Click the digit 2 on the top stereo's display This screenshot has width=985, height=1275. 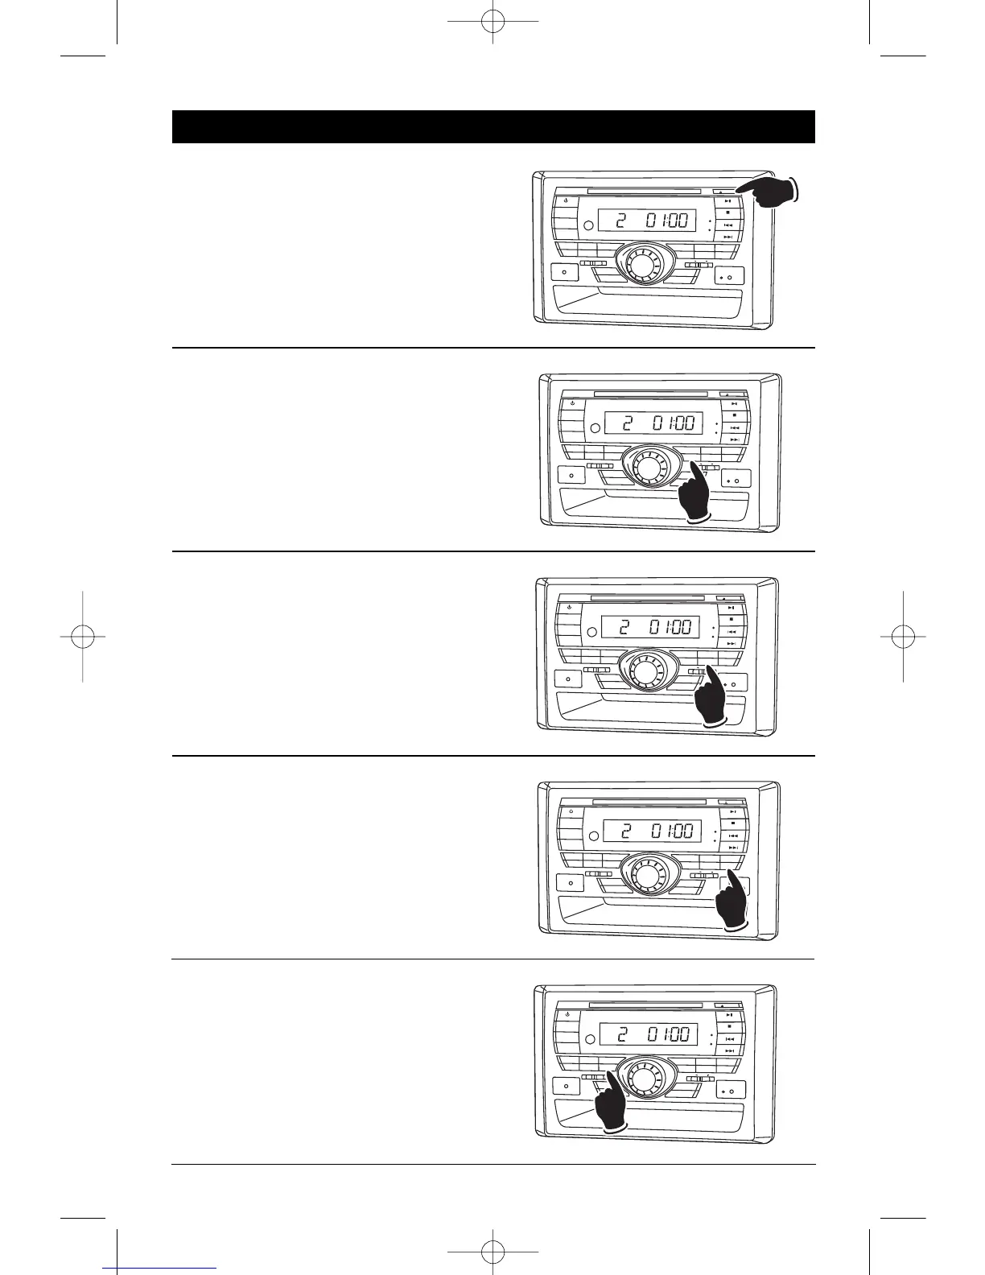coord(620,220)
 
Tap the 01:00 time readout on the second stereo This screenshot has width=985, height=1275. coord(673,423)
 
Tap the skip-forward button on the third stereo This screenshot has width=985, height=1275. coord(731,644)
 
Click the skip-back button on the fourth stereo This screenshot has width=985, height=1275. coord(732,836)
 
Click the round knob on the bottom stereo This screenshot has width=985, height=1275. coord(643,1076)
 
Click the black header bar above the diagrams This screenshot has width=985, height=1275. coord(493,127)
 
